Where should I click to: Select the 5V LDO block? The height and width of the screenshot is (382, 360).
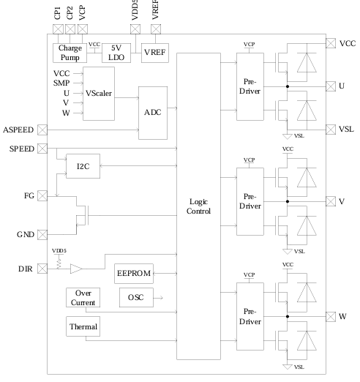[x=113, y=52]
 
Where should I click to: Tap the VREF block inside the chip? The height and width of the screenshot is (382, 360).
[x=154, y=52]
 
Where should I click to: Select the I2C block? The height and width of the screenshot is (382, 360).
[x=82, y=166]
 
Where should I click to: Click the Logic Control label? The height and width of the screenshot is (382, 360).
[x=198, y=206]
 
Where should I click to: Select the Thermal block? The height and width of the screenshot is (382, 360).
[x=83, y=326]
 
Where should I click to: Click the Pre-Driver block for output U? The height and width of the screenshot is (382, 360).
[x=249, y=88]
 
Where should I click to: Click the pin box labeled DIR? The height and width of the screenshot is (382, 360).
[x=41, y=269]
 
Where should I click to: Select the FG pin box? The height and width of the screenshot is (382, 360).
[x=41, y=196]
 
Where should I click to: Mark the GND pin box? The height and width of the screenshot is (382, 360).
[x=41, y=234]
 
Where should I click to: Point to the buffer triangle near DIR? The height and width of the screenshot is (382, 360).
[x=76, y=269]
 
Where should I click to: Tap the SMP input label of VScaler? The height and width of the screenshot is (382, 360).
[x=61, y=83]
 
